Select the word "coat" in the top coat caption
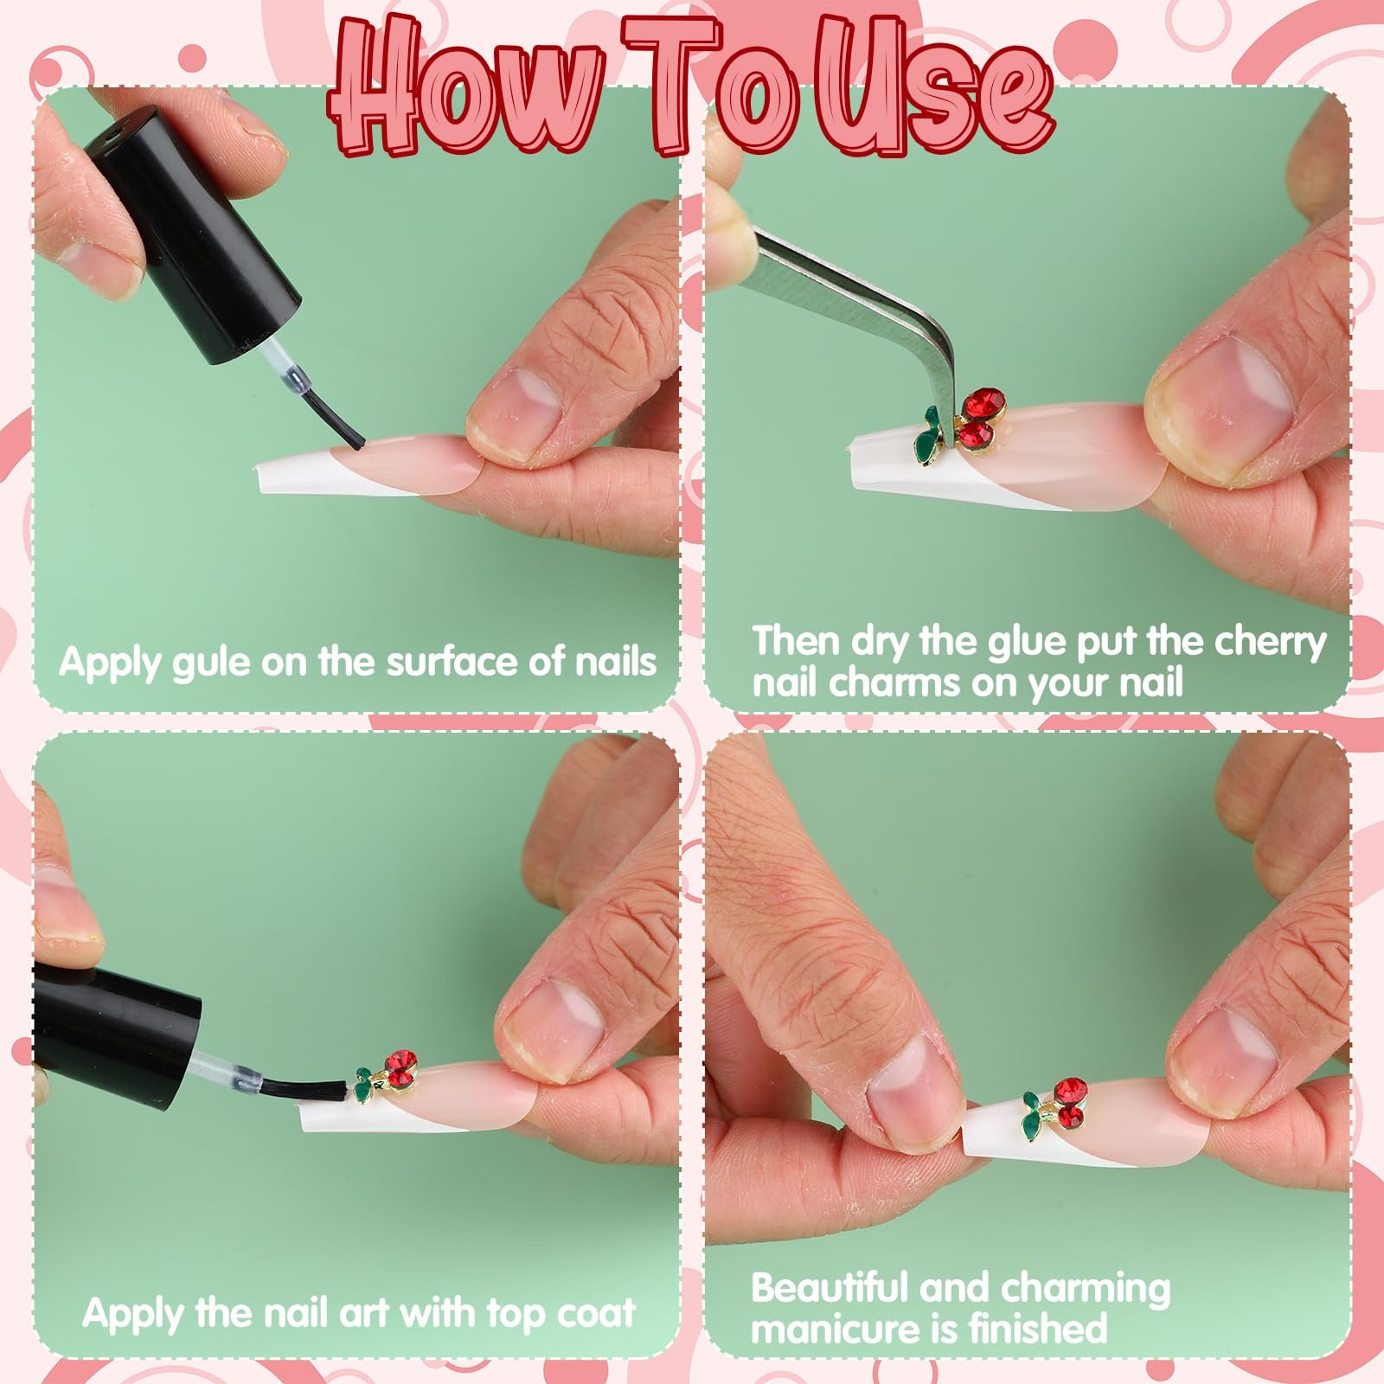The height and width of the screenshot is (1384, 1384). pyautogui.click(x=596, y=1312)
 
